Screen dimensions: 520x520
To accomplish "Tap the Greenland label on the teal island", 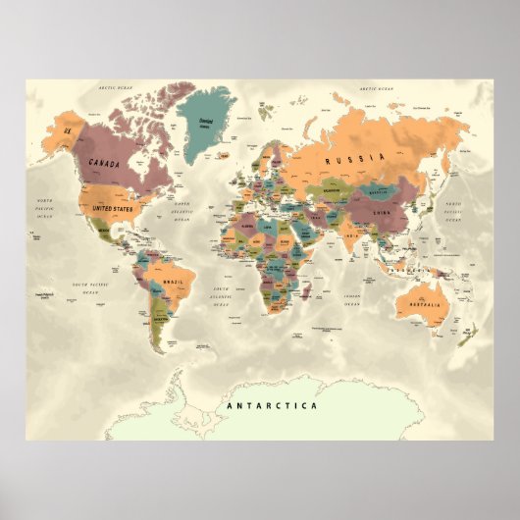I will point(207,123).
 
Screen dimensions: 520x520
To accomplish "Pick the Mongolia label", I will point(377,190).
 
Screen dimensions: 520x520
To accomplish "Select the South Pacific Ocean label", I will point(77,287).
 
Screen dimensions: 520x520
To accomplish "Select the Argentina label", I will point(161,319).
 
